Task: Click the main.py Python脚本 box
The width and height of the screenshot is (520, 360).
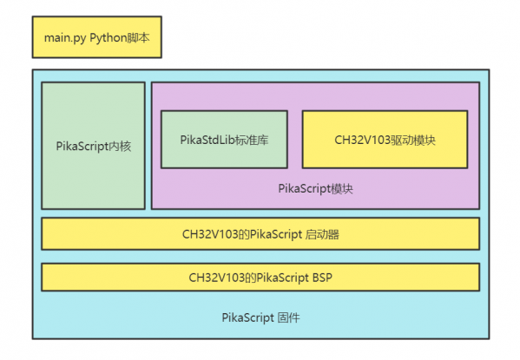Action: pos(97,37)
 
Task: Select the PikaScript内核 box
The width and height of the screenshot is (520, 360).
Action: pos(93,146)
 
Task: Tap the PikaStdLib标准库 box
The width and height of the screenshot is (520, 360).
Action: pos(224,140)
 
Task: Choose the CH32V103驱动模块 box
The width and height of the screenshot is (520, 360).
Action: pos(385,140)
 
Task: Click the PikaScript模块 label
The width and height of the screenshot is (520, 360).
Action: pos(315,189)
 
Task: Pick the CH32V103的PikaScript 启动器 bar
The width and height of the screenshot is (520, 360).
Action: pos(260,233)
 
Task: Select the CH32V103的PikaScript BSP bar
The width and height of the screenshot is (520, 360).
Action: pos(260,277)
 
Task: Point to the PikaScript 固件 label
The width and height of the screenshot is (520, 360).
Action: pos(260,317)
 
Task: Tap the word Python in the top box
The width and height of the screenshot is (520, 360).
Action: pos(109,38)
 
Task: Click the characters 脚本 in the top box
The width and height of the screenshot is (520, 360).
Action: pos(139,37)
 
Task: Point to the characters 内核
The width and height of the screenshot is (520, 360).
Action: pos(121,146)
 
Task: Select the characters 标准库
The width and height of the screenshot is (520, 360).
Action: pos(252,140)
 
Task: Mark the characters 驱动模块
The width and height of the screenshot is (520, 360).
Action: pos(413,141)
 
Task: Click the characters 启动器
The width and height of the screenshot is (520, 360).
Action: pos(322,234)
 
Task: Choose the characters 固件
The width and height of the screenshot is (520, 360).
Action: pos(289,317)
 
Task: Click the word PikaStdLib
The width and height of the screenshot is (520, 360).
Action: pos(207,140)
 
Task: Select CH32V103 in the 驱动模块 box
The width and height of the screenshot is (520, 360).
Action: pos(363,140)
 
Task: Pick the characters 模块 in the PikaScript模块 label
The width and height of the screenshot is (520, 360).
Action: pos(342,189)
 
